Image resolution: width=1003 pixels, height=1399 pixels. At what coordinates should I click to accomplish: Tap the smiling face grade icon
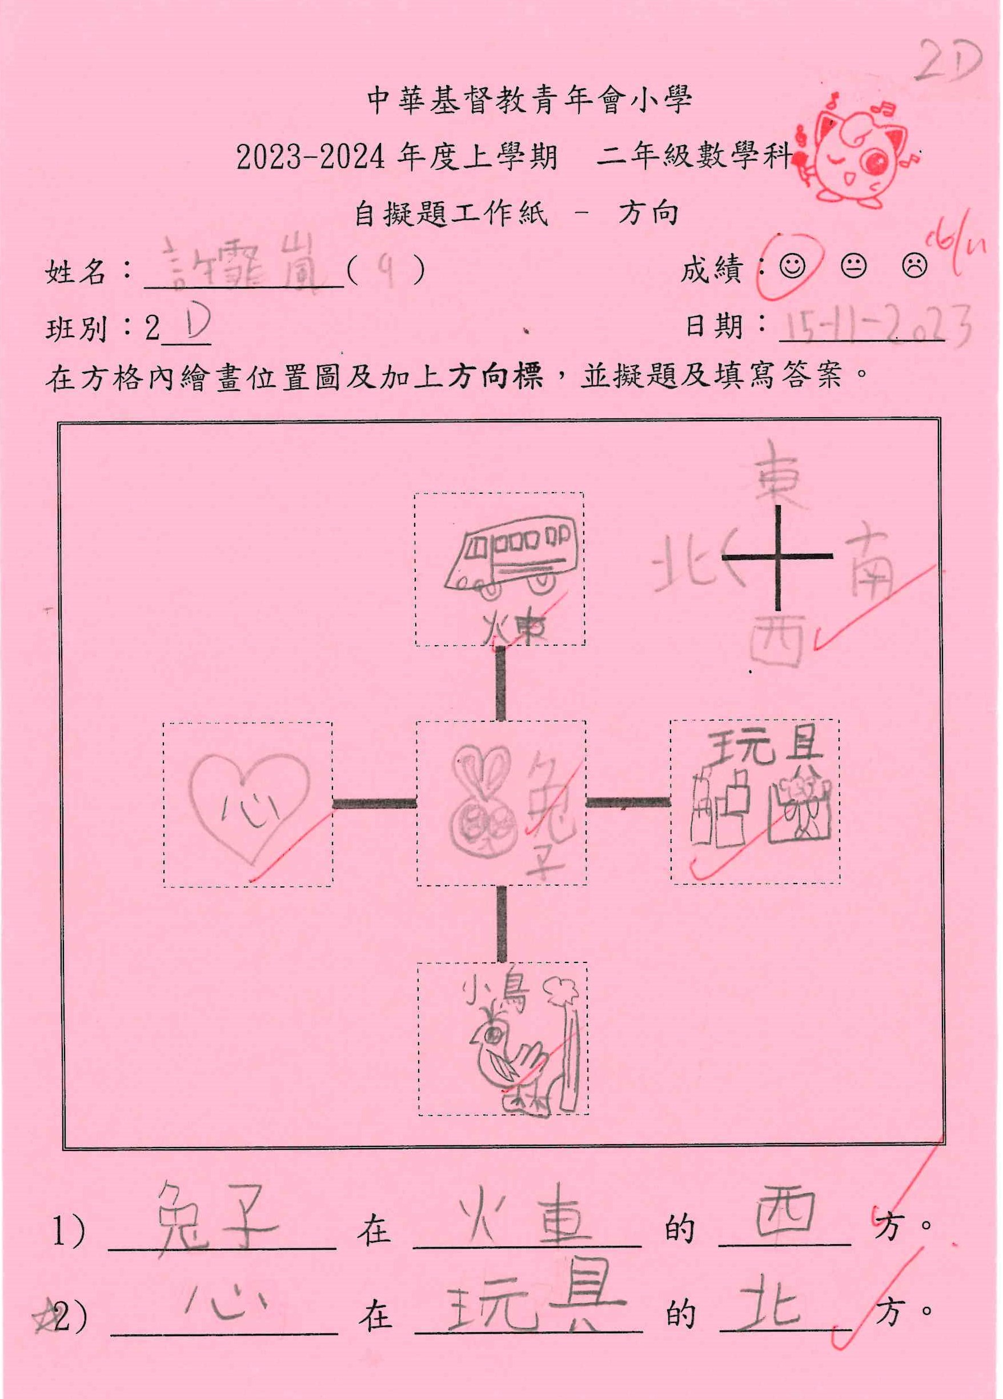click(x=792, y=266)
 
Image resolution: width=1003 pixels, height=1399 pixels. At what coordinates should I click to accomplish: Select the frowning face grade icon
click(x=914, y=266)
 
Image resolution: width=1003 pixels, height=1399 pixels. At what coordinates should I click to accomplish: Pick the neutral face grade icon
click(x=853, y=266)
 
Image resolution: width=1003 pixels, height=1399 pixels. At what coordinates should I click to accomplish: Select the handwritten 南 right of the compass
click(x=869, y=565)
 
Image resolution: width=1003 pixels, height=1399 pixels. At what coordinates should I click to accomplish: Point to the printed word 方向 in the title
click(x=648, y=213)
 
